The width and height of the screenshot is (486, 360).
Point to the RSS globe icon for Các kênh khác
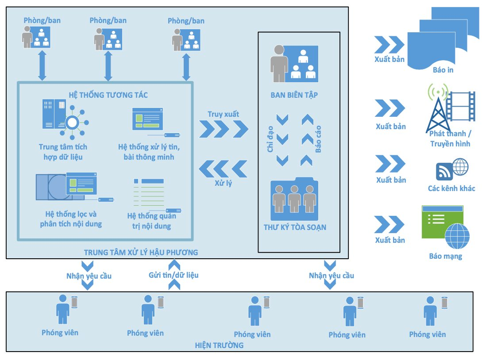pos(452,169)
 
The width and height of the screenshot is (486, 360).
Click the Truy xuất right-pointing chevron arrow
pos(224,129)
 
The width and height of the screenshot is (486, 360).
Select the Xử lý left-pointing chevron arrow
pos(224,169)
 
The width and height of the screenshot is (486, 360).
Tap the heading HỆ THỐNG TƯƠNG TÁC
pos(108,95)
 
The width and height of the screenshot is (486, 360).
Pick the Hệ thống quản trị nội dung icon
pos(153,195)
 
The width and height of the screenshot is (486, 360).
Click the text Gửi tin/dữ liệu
pos(174,275)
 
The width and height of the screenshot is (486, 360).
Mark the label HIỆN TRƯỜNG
pos(220,345)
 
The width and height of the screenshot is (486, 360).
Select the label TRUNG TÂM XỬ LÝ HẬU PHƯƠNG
pos(141,252)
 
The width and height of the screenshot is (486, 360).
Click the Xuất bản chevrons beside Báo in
pos(389,45)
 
